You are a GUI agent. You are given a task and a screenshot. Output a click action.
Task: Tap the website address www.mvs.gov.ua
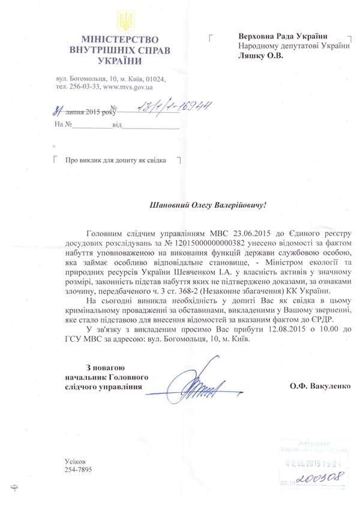tap(130, 86)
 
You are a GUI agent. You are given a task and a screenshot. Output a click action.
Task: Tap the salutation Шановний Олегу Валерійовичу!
tap(207, 205)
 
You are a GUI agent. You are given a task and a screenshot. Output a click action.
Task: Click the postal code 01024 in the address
tap(154, 78)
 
